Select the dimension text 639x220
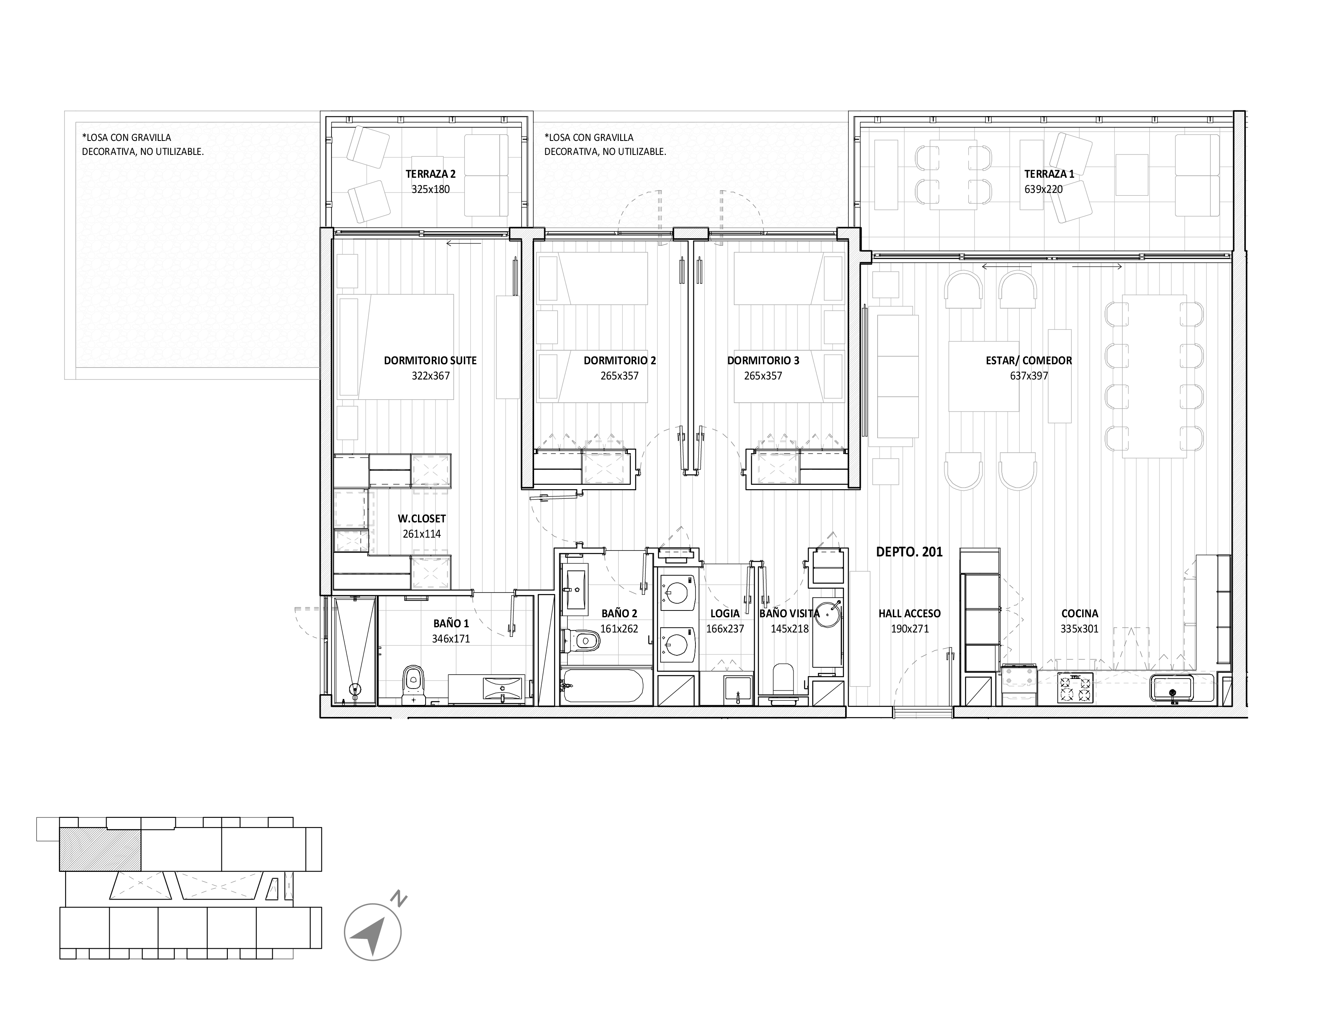1043,189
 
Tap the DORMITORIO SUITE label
430,361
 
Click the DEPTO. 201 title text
909,552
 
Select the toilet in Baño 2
581,641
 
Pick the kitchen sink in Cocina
1172,688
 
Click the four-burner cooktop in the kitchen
1076,688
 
